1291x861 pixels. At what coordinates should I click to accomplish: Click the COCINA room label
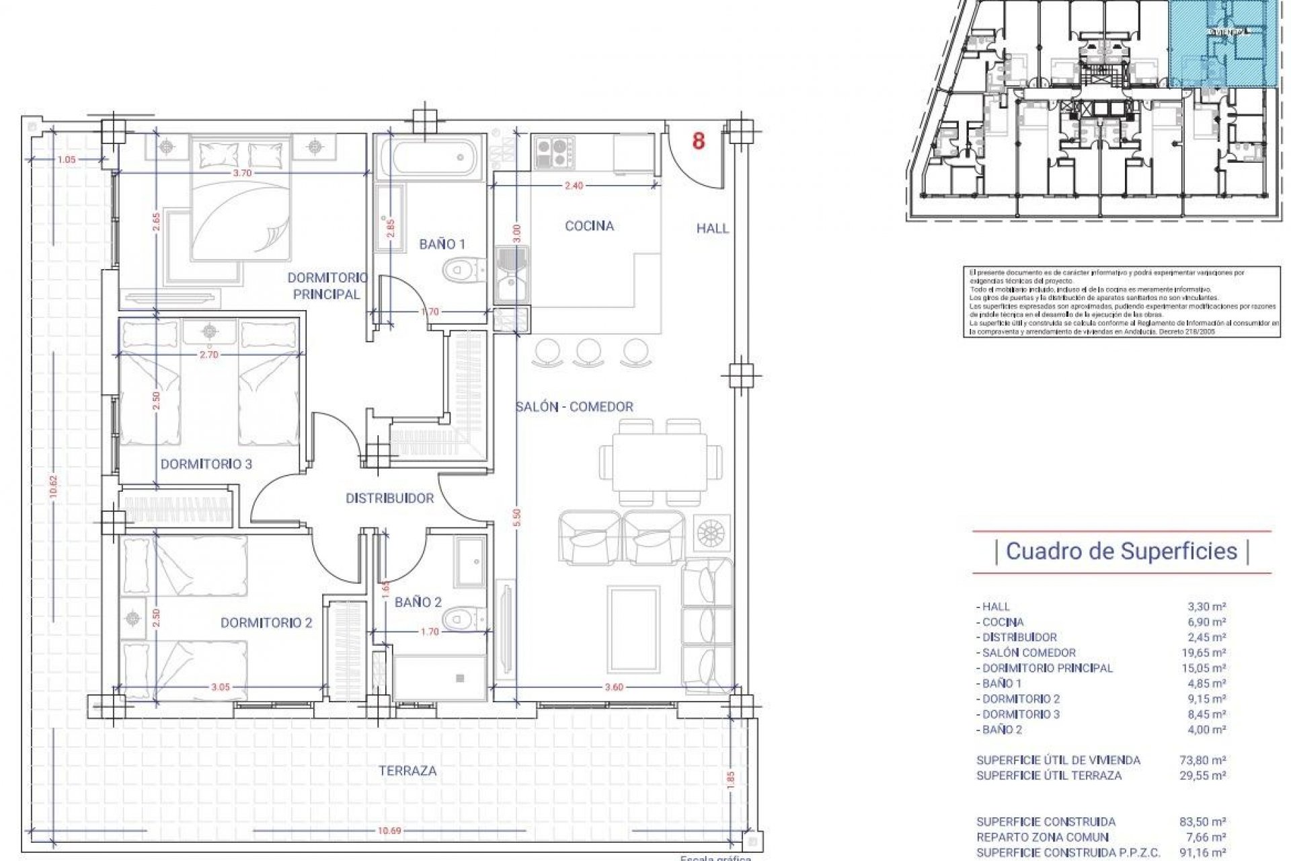click(x=589, y=226)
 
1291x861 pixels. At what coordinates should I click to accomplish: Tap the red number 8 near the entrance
click(x=699, y=142)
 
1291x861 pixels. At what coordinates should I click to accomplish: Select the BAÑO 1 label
click(x=442, y=244)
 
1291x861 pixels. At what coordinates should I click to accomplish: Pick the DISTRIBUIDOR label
click(x=389, y=498)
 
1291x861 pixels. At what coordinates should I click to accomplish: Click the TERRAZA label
click(x=407, y=771)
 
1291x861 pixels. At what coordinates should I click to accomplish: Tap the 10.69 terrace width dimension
click(x=389, y=831)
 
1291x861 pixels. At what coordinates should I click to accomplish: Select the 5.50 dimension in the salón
click(x=516, y=518)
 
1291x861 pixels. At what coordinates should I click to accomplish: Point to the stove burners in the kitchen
click(x=554, y=153)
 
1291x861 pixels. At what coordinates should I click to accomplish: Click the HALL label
click(x=712, y=229)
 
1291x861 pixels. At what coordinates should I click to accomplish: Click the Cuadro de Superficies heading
click(x=1121, y=551)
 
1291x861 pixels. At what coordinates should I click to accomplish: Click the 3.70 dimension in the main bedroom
click(x=242, y=173)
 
